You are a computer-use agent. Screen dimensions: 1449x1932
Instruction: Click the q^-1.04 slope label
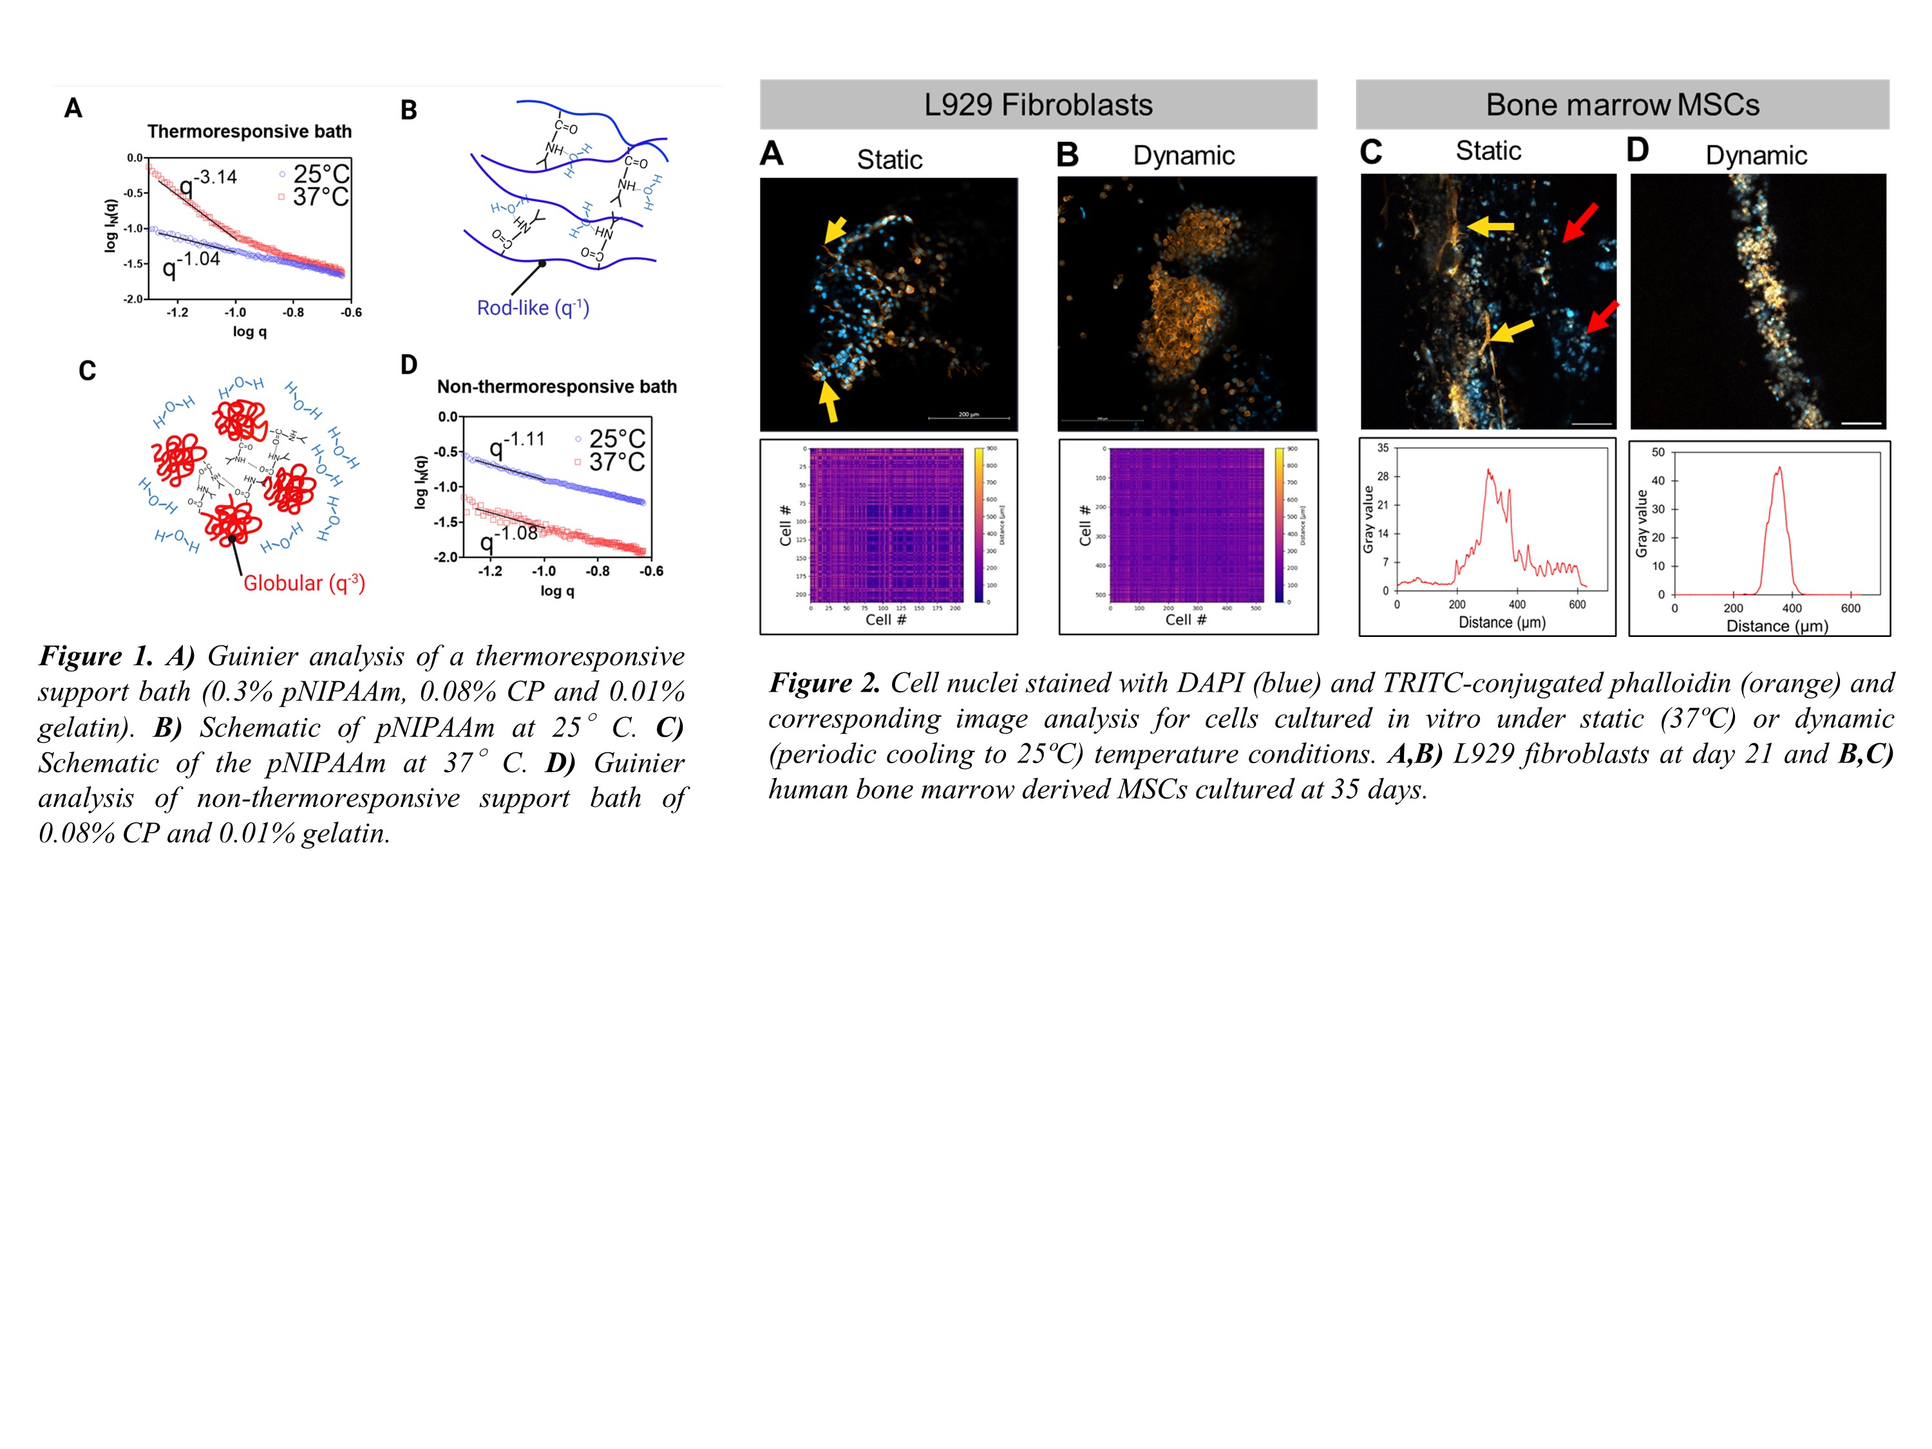coord(191,264)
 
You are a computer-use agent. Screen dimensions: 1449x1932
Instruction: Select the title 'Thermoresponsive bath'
coord(249,132)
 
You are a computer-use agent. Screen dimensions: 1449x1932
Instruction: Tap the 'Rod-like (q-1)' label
coord(533,308)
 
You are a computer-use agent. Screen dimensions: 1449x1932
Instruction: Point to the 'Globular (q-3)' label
coord(304,583)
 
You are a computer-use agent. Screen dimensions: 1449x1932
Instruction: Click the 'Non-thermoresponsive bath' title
coord(556,387)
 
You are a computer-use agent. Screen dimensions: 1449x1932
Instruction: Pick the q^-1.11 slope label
coord(516,444)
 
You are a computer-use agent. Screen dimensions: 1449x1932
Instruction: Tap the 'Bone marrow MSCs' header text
coord(1622,106)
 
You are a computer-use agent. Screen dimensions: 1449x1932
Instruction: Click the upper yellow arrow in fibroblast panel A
coord(835,230)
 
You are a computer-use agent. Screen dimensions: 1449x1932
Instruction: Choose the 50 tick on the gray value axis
coord(1658,453)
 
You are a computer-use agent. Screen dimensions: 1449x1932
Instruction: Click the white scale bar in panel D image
coord(1861,424)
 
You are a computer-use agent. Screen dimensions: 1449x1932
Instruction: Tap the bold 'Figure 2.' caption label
coord(824,684)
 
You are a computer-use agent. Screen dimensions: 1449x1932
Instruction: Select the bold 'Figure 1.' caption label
coord(95,657)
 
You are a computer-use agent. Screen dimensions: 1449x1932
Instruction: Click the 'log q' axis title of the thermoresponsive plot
coord(250,332)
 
